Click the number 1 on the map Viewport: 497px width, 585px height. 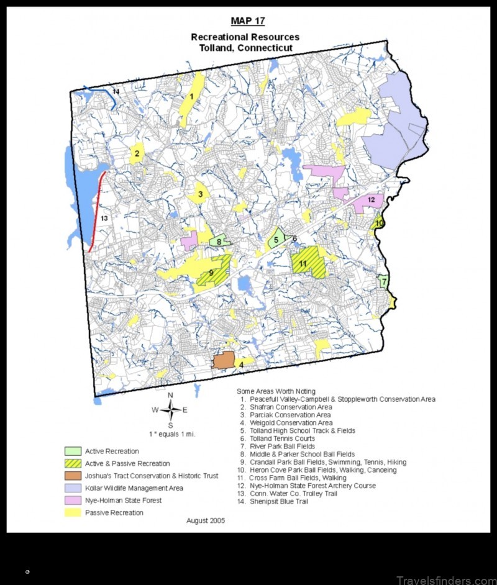click(x=192, y=96)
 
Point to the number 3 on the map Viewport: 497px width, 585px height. click(x=200, y=195)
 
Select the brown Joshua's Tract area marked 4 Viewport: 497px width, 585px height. click(x=224, y=360)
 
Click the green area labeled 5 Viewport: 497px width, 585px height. click(x=276, y=238)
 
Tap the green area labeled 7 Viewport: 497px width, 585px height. click(x=384, y=281)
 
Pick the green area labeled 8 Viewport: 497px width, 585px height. click(x=219, y=242)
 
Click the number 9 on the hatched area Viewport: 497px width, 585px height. click(x=211, y=272)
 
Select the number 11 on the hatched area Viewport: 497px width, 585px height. click(x=303, y=263)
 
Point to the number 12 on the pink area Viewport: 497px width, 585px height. click(x=371, y=200)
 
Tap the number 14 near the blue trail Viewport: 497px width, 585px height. click(x=116, y=92)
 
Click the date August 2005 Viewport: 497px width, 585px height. click(x=206, y=520)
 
